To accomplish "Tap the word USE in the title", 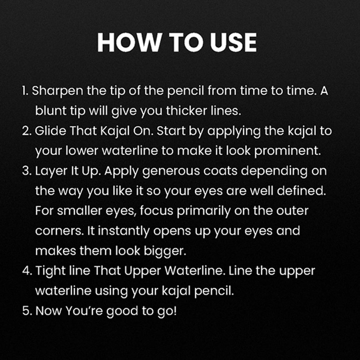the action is pos(233,42).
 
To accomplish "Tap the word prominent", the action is pos(288,151).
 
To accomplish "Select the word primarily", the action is pos(204,211).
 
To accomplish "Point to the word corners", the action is pos(60,231).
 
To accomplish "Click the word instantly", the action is pos(124,231).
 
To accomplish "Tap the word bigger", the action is pos(165,251).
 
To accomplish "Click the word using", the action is pos(111,291).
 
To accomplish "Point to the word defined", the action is pos(302,191).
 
